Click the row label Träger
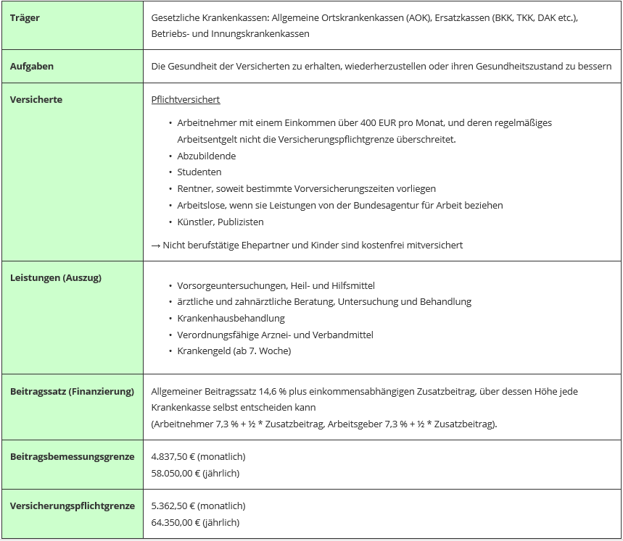25,17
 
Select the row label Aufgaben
32,67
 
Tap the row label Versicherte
36,100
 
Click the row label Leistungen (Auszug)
56,278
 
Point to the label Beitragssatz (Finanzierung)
72,392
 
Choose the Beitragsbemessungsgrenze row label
72,457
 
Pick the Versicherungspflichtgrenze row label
72,506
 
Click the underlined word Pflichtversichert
186,100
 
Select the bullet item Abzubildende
207,156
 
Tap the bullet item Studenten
199,172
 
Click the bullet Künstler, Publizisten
220,222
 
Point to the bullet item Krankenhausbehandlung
231,319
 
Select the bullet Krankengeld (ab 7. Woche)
234,351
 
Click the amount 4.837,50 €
173,457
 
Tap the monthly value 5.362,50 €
173,506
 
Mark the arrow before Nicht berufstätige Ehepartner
156,246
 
